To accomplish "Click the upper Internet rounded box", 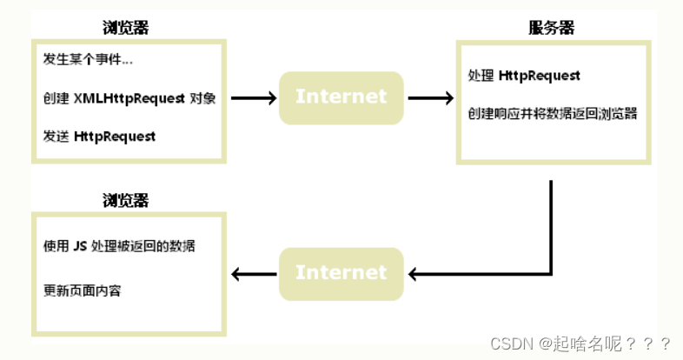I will click(341, 97).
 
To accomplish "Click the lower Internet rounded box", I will click(341, 273).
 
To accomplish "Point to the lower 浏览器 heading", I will click(125, 200).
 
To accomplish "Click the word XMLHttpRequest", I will click(137, 98).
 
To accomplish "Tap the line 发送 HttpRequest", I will click(99, 137).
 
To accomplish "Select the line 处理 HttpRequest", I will click(524, 76).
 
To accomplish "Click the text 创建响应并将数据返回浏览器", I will click(553, 113).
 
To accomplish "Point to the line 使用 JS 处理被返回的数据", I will click(119, 246).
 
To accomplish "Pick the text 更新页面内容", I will click(82, 290).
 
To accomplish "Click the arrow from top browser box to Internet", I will click(253, 98).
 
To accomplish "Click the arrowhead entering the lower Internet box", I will click(414, 274).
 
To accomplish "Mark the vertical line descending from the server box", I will click(551, 217).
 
